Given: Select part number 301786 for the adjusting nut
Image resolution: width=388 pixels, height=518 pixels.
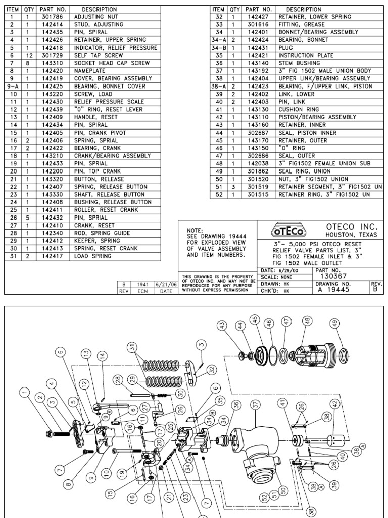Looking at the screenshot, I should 53,16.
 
